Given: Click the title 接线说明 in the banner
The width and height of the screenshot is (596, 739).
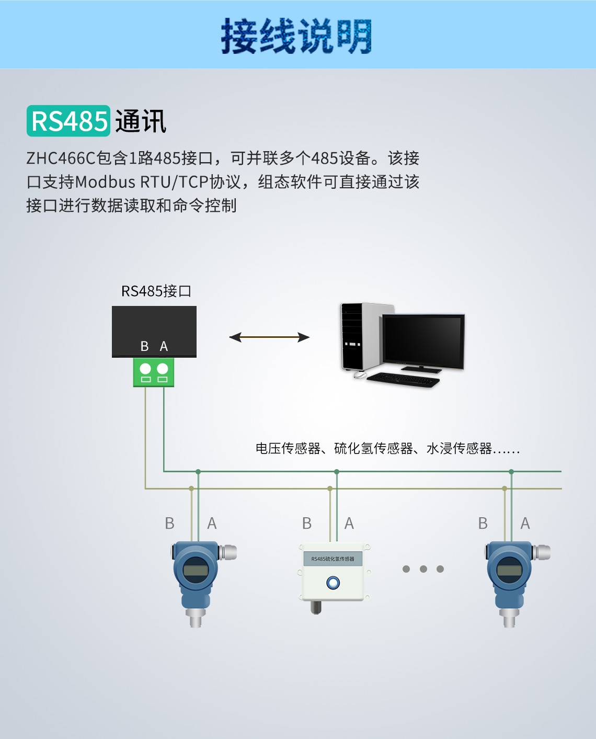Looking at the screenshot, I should click(x=296, y=36).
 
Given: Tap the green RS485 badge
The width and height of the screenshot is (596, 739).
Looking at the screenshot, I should click(x=68, y=121).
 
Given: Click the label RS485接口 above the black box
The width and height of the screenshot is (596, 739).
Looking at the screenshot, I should click(x=156, y=291).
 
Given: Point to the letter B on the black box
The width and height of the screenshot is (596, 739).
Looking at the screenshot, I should click(x=145, y=346).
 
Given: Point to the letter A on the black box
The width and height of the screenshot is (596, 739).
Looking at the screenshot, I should click(x=164, y=346).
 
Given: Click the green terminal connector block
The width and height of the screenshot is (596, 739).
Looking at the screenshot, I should click(x=154, y=372).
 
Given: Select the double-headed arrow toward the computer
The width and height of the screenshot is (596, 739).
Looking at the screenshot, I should click(x=269, y=337).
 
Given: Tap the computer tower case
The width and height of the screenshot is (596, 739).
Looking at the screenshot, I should click(x=361, y=336).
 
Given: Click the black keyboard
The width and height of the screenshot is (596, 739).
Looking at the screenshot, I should click(x=403, y=379).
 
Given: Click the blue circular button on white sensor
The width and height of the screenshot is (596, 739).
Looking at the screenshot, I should click(x=333, y=583).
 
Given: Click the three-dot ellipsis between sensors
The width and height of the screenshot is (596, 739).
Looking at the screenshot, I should click(x=423, y=569).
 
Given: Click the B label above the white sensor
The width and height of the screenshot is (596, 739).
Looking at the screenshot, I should click(x=307, y=524).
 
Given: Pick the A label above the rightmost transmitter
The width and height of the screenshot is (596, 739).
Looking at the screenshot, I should click(x=525, y=524).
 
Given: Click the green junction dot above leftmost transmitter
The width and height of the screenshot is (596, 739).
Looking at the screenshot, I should click(x=198, y=472).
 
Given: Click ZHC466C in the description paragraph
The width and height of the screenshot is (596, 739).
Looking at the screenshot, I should click(x=61, y=158).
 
